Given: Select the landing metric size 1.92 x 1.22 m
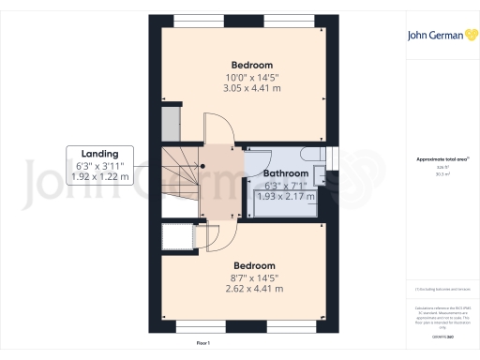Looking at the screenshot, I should (100, 176).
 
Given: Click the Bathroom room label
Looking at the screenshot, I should (285, 173).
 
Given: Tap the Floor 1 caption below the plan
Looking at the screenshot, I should (202, 344).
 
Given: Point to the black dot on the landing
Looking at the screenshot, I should (202, 169).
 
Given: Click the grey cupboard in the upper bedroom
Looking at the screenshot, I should (170, 124).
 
